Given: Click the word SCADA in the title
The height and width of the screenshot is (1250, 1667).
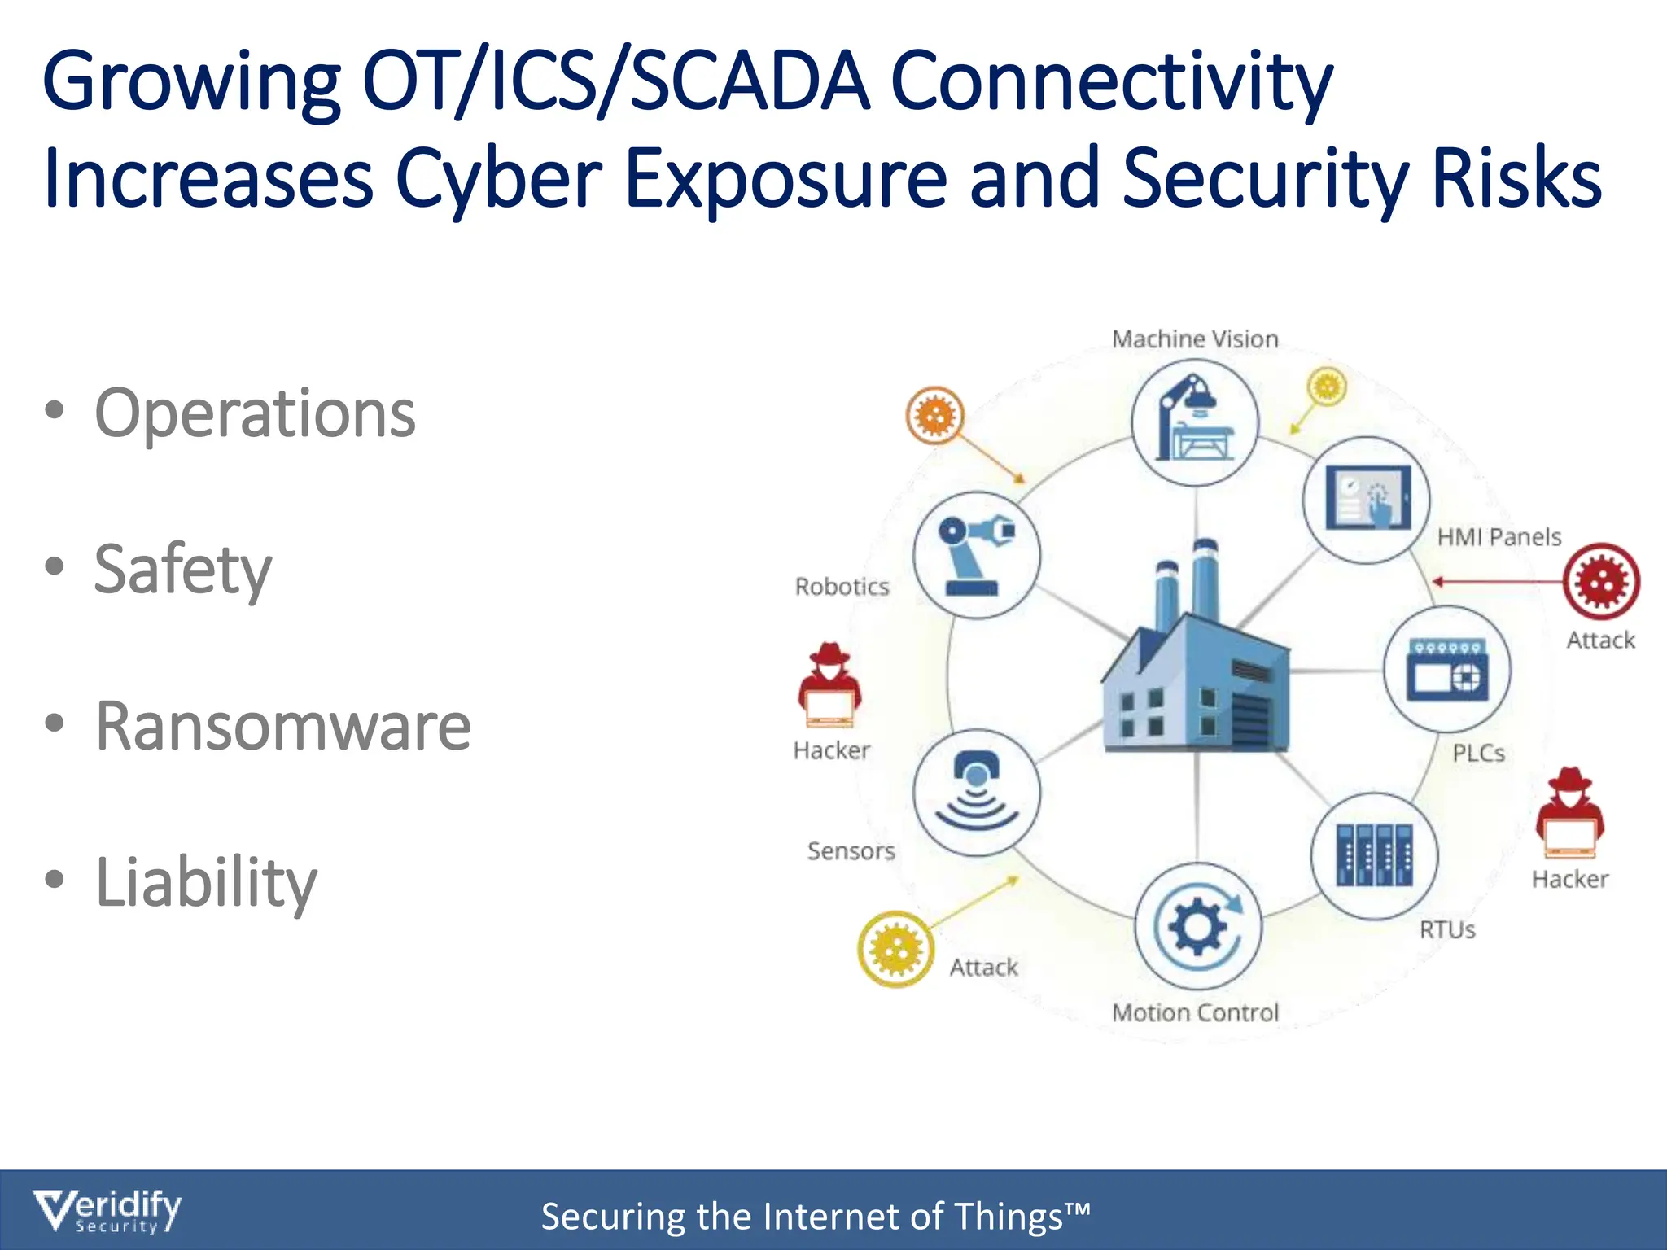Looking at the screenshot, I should point(749,81).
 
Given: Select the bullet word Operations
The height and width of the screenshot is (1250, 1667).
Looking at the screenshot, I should point(255,413).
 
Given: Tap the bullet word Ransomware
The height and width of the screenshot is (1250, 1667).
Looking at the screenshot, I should point(282,726).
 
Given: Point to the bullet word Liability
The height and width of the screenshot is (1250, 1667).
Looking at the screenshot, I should point(206,882).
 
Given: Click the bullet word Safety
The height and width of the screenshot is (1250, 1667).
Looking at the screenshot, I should point(183,570).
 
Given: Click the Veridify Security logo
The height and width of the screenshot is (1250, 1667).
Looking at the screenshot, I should point(107,1212).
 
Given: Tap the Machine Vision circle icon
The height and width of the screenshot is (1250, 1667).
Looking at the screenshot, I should point(1195,422).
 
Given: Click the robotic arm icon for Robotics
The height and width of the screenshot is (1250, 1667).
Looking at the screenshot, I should point(976,555).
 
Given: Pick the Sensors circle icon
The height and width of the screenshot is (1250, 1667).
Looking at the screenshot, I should point(976,793).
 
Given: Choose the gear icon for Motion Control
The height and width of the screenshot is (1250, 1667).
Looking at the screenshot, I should point(1197,926).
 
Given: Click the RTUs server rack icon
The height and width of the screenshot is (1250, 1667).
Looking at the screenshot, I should point(1374,855).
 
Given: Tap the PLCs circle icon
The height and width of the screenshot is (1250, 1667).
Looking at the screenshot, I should point(1447,669).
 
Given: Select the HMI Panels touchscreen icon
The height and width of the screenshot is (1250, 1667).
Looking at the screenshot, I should point(1367,499).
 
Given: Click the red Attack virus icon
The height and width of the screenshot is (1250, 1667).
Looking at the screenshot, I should point(1600,582).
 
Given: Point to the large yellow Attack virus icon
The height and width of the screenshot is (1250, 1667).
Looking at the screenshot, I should point(895,949).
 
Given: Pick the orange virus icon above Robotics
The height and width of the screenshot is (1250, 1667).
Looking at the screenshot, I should point(934,416).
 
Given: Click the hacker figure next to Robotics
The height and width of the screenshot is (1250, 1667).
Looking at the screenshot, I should point(829,685).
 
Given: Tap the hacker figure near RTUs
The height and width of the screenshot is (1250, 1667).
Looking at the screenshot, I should point(1570,813).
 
